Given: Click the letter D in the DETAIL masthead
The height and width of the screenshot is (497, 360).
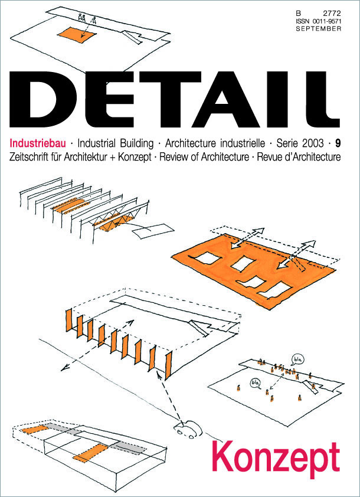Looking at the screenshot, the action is pyautogui.click(x=42, y=99).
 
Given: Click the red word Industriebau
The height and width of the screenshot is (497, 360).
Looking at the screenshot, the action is pyautogui.click(x=38, y=143).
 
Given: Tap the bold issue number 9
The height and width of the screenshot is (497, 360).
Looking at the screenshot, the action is pyautogui.click(x=338, y=143).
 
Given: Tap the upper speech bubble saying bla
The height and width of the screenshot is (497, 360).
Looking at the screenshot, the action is pyautogui.click(x=297, y=359).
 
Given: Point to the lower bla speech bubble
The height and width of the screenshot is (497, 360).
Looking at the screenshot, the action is pyautogui.click(x=256, y=383).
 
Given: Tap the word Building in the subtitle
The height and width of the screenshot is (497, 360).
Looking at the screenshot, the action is pyautogui.click(x=135, y=143).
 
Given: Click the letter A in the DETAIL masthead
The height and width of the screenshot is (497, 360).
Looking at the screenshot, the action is pyautogui.click(x=227, y=99).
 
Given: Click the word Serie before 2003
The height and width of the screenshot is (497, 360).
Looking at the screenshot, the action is pyautogui.click(x=286, y=143).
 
